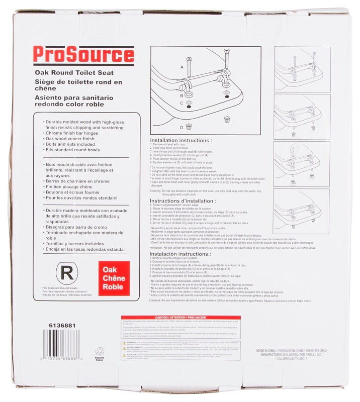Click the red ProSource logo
pos(83,54)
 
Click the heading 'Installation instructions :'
pos(181,141)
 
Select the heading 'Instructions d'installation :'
pos(183,200)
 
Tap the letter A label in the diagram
pos(182,66)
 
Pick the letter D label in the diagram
pos(182,127)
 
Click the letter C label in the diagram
pos(182,103)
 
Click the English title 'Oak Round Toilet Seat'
pos(67,73)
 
